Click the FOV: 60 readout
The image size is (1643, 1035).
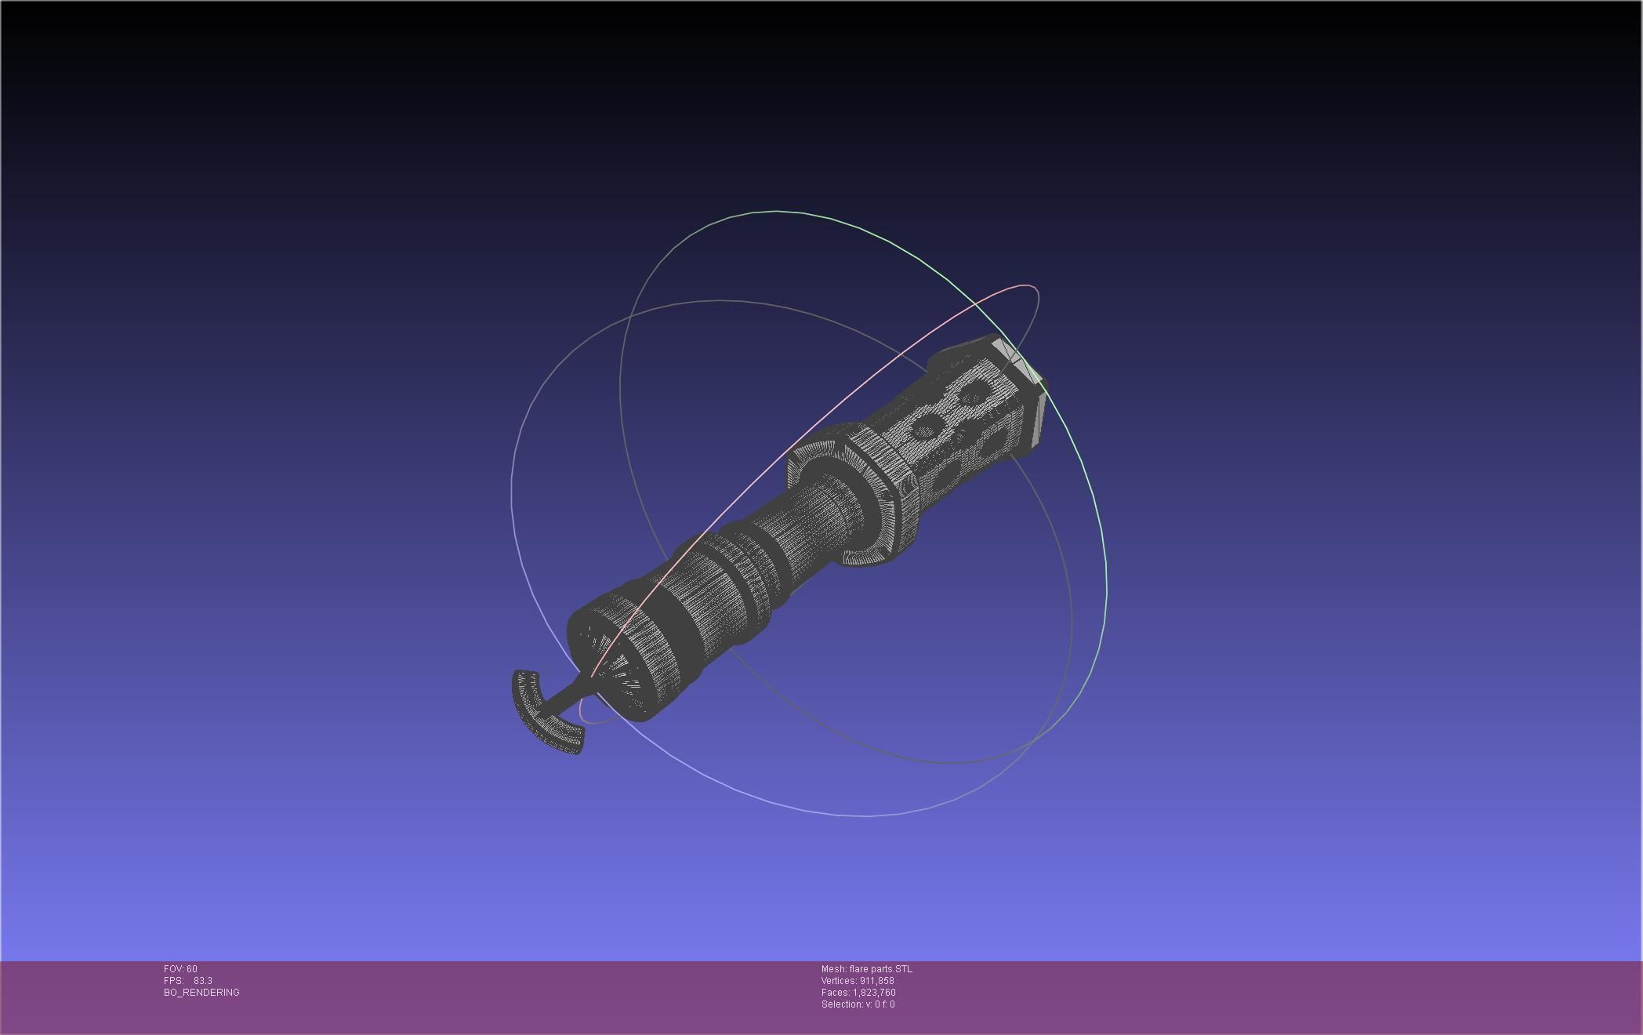[180, 969]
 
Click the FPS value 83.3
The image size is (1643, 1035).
[203, 981]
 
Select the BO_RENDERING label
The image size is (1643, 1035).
[201, 993]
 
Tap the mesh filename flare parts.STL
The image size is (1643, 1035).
[880, 969]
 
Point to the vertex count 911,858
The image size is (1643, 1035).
[876, 981]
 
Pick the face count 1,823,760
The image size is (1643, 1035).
[874, 993]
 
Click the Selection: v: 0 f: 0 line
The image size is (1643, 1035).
[858, 1004]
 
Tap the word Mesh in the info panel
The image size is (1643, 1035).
[833, 969]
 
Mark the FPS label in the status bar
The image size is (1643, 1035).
[173, 981]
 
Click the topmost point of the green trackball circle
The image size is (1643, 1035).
[776, 211]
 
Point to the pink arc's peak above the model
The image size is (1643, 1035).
[1025, 286]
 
